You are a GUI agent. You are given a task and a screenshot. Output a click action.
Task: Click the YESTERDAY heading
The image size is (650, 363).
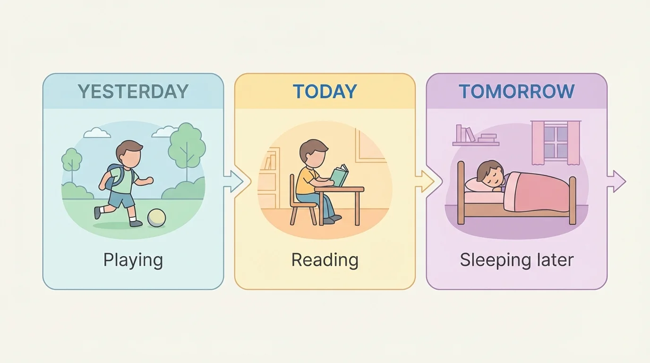pos(133,92)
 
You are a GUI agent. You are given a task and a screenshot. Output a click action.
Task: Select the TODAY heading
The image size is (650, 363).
pos(325,92)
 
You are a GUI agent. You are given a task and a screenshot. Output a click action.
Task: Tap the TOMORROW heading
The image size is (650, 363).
pos(516,92)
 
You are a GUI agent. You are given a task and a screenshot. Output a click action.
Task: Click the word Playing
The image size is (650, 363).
pos(133,260)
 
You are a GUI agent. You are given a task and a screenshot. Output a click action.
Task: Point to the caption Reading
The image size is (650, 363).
pos(325,260)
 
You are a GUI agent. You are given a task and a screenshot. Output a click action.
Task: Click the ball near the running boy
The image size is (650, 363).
pos(156,218)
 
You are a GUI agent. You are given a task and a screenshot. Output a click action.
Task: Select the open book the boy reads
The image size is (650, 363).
pos(339,175)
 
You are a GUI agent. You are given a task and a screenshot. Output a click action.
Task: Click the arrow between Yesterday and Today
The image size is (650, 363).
pos(233,181)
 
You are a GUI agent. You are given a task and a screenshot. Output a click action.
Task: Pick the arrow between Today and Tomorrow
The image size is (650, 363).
pos(424,181)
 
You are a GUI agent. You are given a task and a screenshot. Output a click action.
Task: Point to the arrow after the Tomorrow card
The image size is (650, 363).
pos(616,181)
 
